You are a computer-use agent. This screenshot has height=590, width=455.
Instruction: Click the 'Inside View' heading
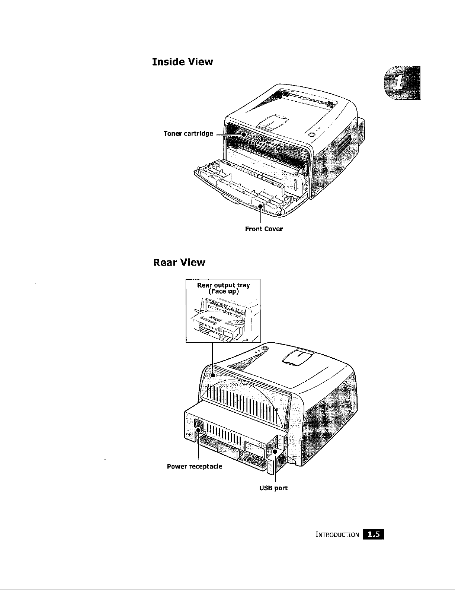coord(182,61)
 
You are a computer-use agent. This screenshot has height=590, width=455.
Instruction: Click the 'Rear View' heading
coord(179,263)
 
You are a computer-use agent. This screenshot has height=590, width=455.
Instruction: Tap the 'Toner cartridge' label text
coord(188,133)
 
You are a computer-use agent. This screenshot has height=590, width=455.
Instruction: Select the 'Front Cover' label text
coord(264,229)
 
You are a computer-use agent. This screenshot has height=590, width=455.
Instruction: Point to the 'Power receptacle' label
coord(195,466)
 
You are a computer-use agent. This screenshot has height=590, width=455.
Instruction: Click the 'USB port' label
coord(273,488)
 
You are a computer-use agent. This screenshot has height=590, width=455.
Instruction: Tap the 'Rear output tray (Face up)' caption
coord(223,288)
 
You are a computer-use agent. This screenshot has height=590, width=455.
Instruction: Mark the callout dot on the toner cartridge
coord(243,133)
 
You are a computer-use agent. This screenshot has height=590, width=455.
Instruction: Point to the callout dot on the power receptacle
coord(199,431)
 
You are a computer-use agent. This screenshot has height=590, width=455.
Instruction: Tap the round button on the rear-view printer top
coord(265,349)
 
